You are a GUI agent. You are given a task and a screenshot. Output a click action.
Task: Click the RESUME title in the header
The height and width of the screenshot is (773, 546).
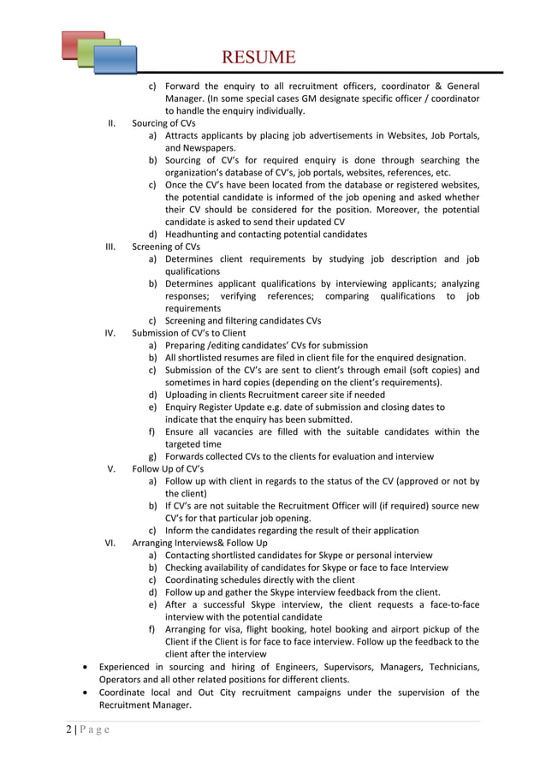tap(258, 57)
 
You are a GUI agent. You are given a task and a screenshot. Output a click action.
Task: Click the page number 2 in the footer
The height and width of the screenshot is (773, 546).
tap(68, 730)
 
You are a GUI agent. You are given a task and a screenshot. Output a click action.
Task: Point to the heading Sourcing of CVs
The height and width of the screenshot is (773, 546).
tap(163, 123)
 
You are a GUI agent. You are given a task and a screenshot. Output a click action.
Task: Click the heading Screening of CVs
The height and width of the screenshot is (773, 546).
tap(166, 247)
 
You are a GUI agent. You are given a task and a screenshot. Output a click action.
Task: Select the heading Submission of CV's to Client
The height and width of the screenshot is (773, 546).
tap(188, 333)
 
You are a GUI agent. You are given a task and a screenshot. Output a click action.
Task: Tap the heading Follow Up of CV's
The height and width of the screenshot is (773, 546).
tap(168, 469)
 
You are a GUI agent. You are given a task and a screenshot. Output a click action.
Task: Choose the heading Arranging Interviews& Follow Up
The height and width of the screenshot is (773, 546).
tap(199, 543)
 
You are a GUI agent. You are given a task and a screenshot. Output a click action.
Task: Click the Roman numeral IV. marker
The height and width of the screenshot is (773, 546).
tap(110, 333)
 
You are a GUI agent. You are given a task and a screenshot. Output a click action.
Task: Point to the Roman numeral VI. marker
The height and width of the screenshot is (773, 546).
tap(110, 543)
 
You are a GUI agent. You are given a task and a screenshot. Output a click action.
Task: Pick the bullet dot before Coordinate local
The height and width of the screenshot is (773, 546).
tap(83, 692)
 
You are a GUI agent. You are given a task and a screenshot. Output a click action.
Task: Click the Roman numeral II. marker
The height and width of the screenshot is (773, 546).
tap(111, 123)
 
